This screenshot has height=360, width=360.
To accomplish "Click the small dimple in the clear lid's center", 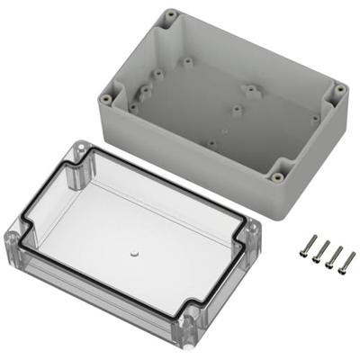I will pyautogui.click(x=133, y=255).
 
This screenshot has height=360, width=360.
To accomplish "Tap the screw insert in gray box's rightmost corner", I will pyautogui.click(x=338, y=88).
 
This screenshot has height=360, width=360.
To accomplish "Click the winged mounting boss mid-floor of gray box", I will pyautogui.click(x=251, y=90).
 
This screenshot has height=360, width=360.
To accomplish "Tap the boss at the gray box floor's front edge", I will pyautogui.click(x=213, y=141).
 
